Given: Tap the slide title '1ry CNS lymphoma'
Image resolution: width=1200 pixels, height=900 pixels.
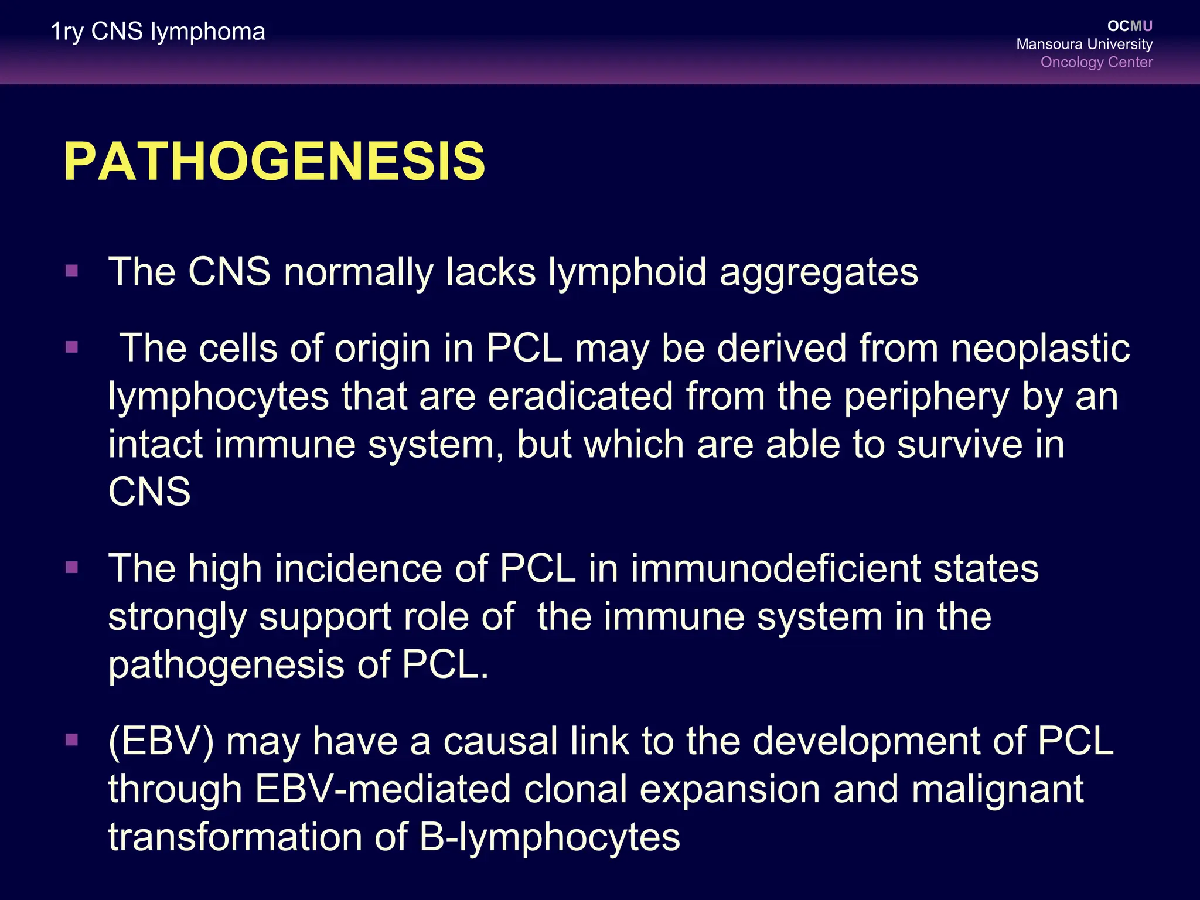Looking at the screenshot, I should coord(158,32).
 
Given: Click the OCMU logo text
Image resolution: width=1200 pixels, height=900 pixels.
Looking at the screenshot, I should coord(1130,26).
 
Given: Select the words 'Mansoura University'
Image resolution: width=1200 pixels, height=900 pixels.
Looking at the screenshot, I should coord(1084,44).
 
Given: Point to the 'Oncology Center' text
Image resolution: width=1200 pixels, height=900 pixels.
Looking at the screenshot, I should coord(1096,62).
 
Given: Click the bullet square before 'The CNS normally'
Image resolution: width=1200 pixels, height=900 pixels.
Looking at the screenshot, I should coord(72,271).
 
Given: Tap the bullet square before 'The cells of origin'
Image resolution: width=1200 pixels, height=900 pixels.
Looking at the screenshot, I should coord(72,347).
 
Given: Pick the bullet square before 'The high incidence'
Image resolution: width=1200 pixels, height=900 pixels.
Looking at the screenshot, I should coord(72,568).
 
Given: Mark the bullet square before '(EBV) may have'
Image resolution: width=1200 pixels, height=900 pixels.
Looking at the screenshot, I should coord(72,740).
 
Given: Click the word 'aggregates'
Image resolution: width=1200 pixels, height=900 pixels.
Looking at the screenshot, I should coord(819,273).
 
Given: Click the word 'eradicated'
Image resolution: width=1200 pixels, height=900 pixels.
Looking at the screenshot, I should coord(580,397).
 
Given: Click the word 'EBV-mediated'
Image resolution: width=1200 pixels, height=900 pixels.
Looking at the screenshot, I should coord(383,789).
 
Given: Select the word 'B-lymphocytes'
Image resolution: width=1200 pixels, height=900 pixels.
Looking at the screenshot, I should coord(550,837).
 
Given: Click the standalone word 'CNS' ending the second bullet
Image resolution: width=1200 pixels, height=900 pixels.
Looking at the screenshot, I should coord(149,492).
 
